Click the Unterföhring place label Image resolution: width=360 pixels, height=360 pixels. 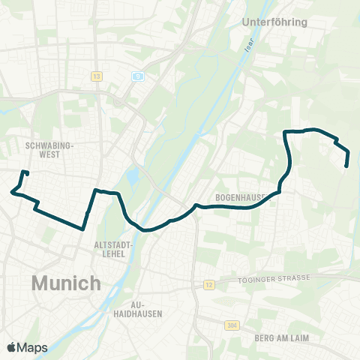tap(274, 22)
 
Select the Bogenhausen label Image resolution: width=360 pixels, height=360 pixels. tap(241, 197)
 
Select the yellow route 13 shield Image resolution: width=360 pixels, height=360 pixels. tap(96, 76)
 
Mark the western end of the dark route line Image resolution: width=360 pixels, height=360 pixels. tap(27, 173)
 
